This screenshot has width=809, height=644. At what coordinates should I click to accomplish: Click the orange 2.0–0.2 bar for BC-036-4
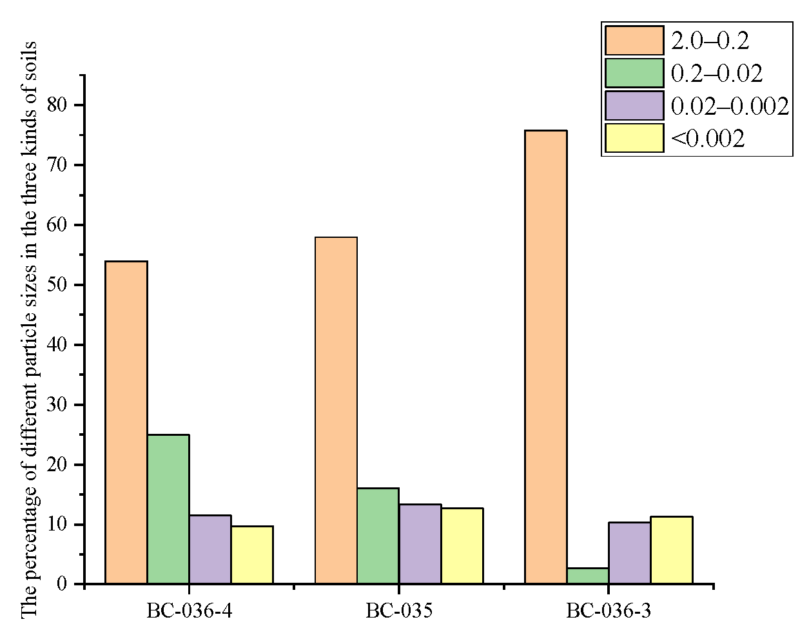click(x=126, y=422)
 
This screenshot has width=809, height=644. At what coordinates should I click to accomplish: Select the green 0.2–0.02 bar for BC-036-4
click(x=168, y=509)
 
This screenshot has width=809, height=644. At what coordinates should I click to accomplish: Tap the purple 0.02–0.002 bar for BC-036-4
click(x=210, y=549)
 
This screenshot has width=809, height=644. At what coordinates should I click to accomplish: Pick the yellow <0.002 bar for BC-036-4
click(x=252, y=555)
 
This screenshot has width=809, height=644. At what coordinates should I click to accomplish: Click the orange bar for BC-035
click(x=336, y=411)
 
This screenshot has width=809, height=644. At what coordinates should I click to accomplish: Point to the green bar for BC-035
click(x=378, y=536)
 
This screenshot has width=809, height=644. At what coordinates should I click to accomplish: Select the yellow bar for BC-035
click(x=462, y=546)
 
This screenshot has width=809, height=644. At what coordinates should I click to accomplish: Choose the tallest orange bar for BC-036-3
click(x=546, y=357)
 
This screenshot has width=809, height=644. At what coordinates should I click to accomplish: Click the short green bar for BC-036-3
click(x=588, y=576)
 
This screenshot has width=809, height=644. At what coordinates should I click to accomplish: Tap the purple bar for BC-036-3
click(x=630, y=553)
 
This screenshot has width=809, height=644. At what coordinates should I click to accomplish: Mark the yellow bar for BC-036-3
click(x=672, y=550)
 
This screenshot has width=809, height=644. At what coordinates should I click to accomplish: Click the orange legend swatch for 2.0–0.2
click(x=634, y=41)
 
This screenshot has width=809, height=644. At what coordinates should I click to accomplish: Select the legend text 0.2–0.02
click(x=717, y=73)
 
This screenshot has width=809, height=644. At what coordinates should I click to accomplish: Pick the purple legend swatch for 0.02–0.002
click(x=634, y=106)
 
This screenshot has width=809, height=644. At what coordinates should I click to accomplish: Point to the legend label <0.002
click(x=708, y=139)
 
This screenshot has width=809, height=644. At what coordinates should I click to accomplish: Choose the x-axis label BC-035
click(x=399, y=610)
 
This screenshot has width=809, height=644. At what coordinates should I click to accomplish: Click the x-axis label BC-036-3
click(x=609, y=610)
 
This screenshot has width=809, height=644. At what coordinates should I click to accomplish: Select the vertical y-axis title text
click(x=29, y=329)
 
